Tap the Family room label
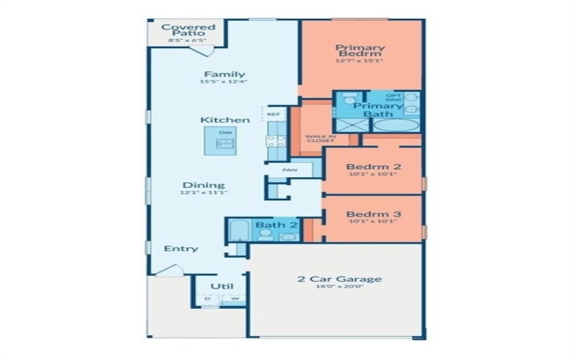(224, 74)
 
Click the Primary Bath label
(377, 110)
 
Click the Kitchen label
(225, 120)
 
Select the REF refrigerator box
(274, 114)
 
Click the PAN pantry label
(289, 170)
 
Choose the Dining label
(203, 185)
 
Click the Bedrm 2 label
(373, 166)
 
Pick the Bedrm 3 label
(373, 215)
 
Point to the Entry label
(181, 248)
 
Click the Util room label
(221, 286)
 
